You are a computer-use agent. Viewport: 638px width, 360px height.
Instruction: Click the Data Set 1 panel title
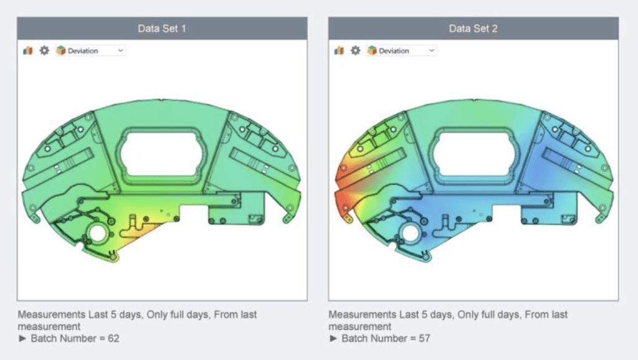(161, 29)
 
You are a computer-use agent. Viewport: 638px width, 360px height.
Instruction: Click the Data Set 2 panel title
(473, 29)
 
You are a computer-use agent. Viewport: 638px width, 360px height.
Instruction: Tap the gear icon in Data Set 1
(44, 50)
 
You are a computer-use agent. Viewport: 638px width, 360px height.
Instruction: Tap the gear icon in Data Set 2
(356, 50)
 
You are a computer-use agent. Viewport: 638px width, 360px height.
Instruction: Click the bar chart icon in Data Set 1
(27, 50)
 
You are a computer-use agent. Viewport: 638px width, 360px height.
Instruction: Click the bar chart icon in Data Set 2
(339, 50)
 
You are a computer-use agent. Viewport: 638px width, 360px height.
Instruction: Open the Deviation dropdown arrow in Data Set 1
(120, 50)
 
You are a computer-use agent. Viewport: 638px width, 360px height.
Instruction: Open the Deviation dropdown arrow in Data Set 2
(431, 50)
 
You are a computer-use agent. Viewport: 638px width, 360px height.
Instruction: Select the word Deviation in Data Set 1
(83, 51)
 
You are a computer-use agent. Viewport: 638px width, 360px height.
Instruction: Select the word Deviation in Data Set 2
(394, 51)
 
